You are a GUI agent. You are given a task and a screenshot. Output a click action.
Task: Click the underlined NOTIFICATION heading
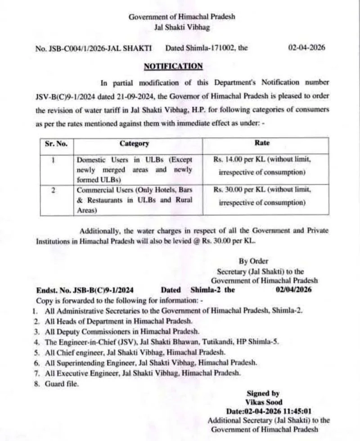173,66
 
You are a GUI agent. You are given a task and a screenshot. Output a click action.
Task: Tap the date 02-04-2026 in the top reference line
306,47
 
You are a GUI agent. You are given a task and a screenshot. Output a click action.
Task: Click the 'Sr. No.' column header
56,144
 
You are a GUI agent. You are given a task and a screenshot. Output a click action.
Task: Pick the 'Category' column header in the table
134,144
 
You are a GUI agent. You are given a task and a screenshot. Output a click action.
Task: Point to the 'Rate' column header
262,143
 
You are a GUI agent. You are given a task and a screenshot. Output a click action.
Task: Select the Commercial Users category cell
135,200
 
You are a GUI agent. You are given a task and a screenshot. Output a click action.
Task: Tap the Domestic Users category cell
135,170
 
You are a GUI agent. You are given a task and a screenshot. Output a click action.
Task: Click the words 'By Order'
253,261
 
